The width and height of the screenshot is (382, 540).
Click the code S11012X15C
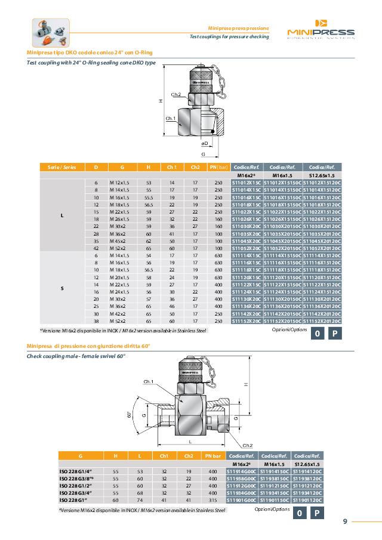[247, 182]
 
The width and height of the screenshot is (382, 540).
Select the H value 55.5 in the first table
[149, 196]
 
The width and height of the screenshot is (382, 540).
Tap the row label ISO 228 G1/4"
[75, 471]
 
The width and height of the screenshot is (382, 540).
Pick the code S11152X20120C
[322, 321]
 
